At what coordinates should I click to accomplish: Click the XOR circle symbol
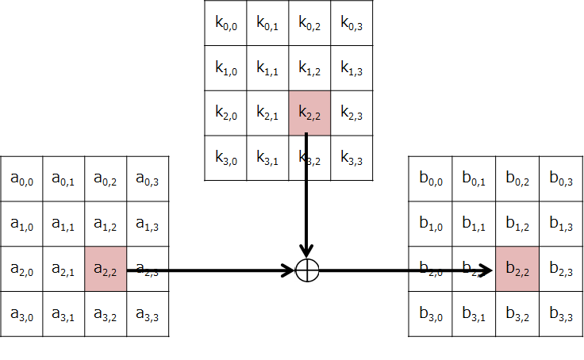(x=307, y=270)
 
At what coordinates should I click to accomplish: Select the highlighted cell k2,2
(x=309, y=113)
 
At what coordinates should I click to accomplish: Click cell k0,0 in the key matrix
(x=225, y=22)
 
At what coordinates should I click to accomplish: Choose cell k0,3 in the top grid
(x=351, y=22)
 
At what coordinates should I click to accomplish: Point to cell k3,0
(x=225, y=159)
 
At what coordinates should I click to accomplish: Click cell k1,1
(x=267, y=68)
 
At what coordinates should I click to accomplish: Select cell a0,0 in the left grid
(x=21, y=178)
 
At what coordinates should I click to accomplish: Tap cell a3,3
(x=148, y=315)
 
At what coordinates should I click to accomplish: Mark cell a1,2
(x=106, y=224)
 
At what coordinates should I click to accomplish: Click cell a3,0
(x=21, y=315)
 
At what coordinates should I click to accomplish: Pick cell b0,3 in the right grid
(x=561, y=178)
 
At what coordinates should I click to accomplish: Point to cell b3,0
(x=430, y=315)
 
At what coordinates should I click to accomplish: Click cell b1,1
(x=474, y=224)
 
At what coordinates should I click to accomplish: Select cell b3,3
(x=561, y=315)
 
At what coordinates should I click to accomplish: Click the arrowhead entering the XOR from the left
(x=289, y=270)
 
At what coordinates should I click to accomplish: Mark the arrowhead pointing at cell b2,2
(x=488, y=270)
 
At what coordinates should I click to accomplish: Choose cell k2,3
(x=351, y=113)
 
